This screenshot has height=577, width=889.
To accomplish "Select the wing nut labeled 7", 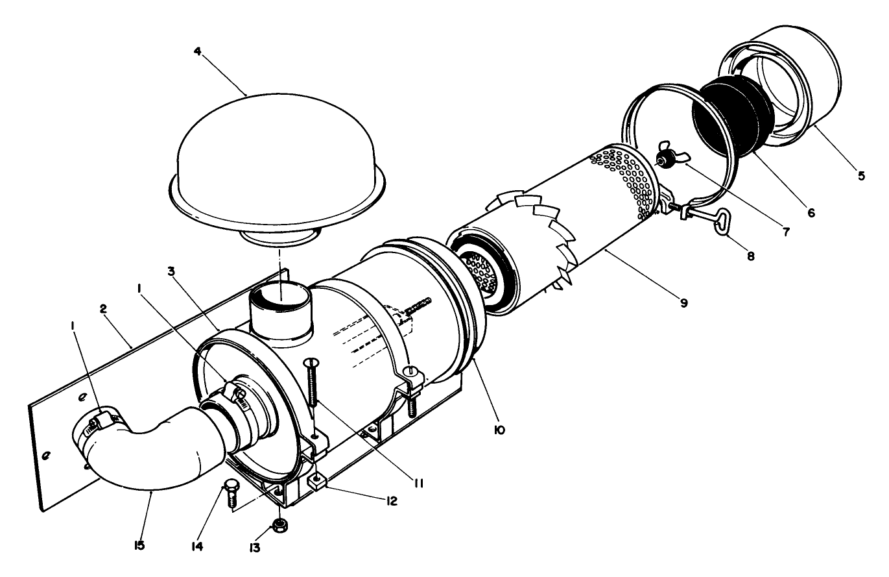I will [x=667, y=156].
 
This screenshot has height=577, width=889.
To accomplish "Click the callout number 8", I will [x=750, y=256].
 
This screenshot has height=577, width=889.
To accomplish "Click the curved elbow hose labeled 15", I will [x=156, y=454].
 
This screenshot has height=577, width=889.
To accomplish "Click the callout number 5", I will [x=860, y=176].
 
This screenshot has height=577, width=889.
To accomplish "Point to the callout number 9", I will [x=683, y=302].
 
